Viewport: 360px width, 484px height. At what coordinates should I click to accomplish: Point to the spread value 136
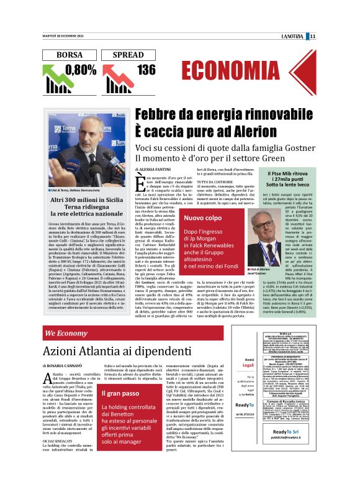click(146, 70)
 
